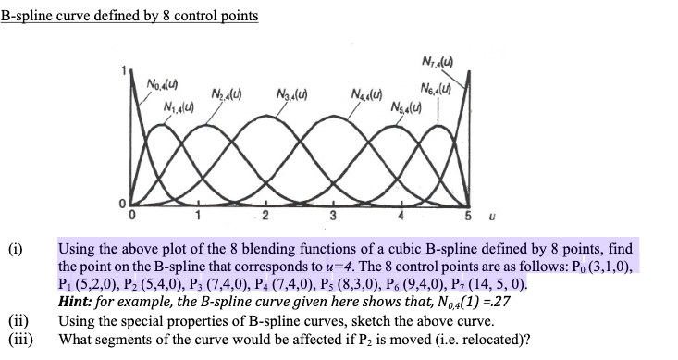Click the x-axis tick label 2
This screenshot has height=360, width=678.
(x=265, y=218)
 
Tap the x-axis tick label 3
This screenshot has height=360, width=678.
(x=331, y=218)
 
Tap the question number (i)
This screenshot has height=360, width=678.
(x=13, y=250)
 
